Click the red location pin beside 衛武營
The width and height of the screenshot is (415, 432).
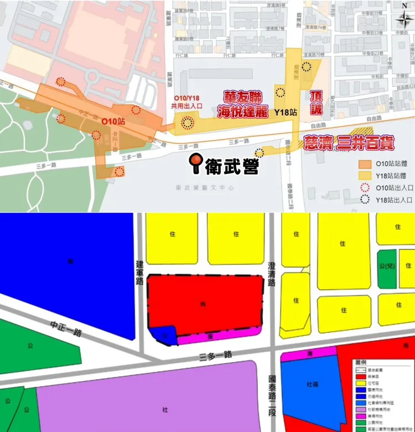(196, 162)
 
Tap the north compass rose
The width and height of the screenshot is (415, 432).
(401, 20)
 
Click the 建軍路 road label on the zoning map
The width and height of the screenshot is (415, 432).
(140, 272)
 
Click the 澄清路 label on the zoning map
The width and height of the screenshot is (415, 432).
(271, 275)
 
